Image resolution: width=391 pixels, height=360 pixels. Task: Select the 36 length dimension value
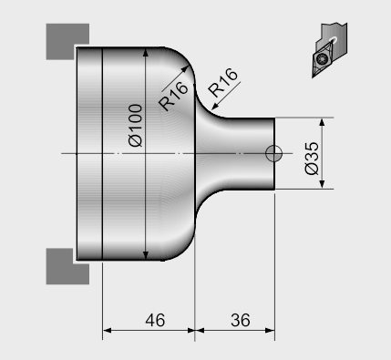(240, 320)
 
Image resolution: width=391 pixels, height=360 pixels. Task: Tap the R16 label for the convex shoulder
(173, 95)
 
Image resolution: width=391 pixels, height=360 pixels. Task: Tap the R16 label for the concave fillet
(223, 89)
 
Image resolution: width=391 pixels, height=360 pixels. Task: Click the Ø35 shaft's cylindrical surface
(246, 137)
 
